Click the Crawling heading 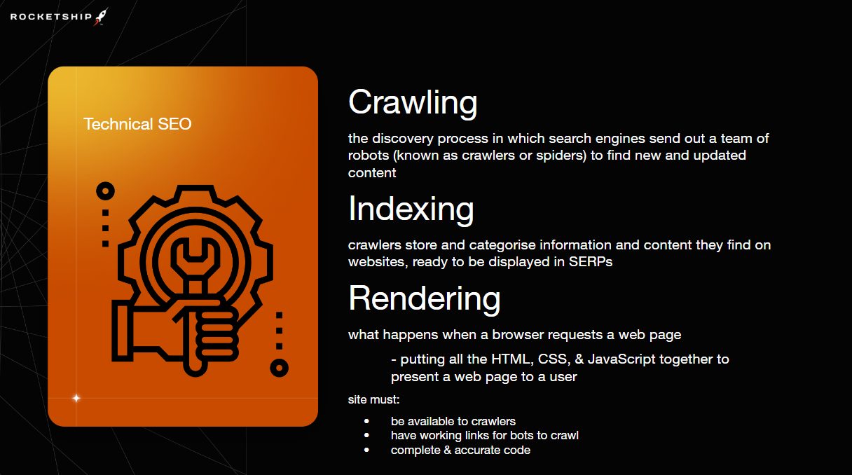(x=413, y=103)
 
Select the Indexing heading (x=411, y=209)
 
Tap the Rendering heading (x=424, y=299)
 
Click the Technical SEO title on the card (x=137, y=124)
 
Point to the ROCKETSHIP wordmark (x=51, y=17)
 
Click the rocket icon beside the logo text (x=101, y=17)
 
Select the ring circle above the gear (x=105, y=191)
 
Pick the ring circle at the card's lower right (x=279, y=368)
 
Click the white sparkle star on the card (x=76, y=398)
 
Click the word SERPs (x=591, y=262)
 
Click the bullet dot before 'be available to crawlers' (x=366, y=421)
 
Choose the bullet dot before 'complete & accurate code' (x=366, y=450)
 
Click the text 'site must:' (x=374, y=400)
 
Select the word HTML (x=513, y=359)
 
